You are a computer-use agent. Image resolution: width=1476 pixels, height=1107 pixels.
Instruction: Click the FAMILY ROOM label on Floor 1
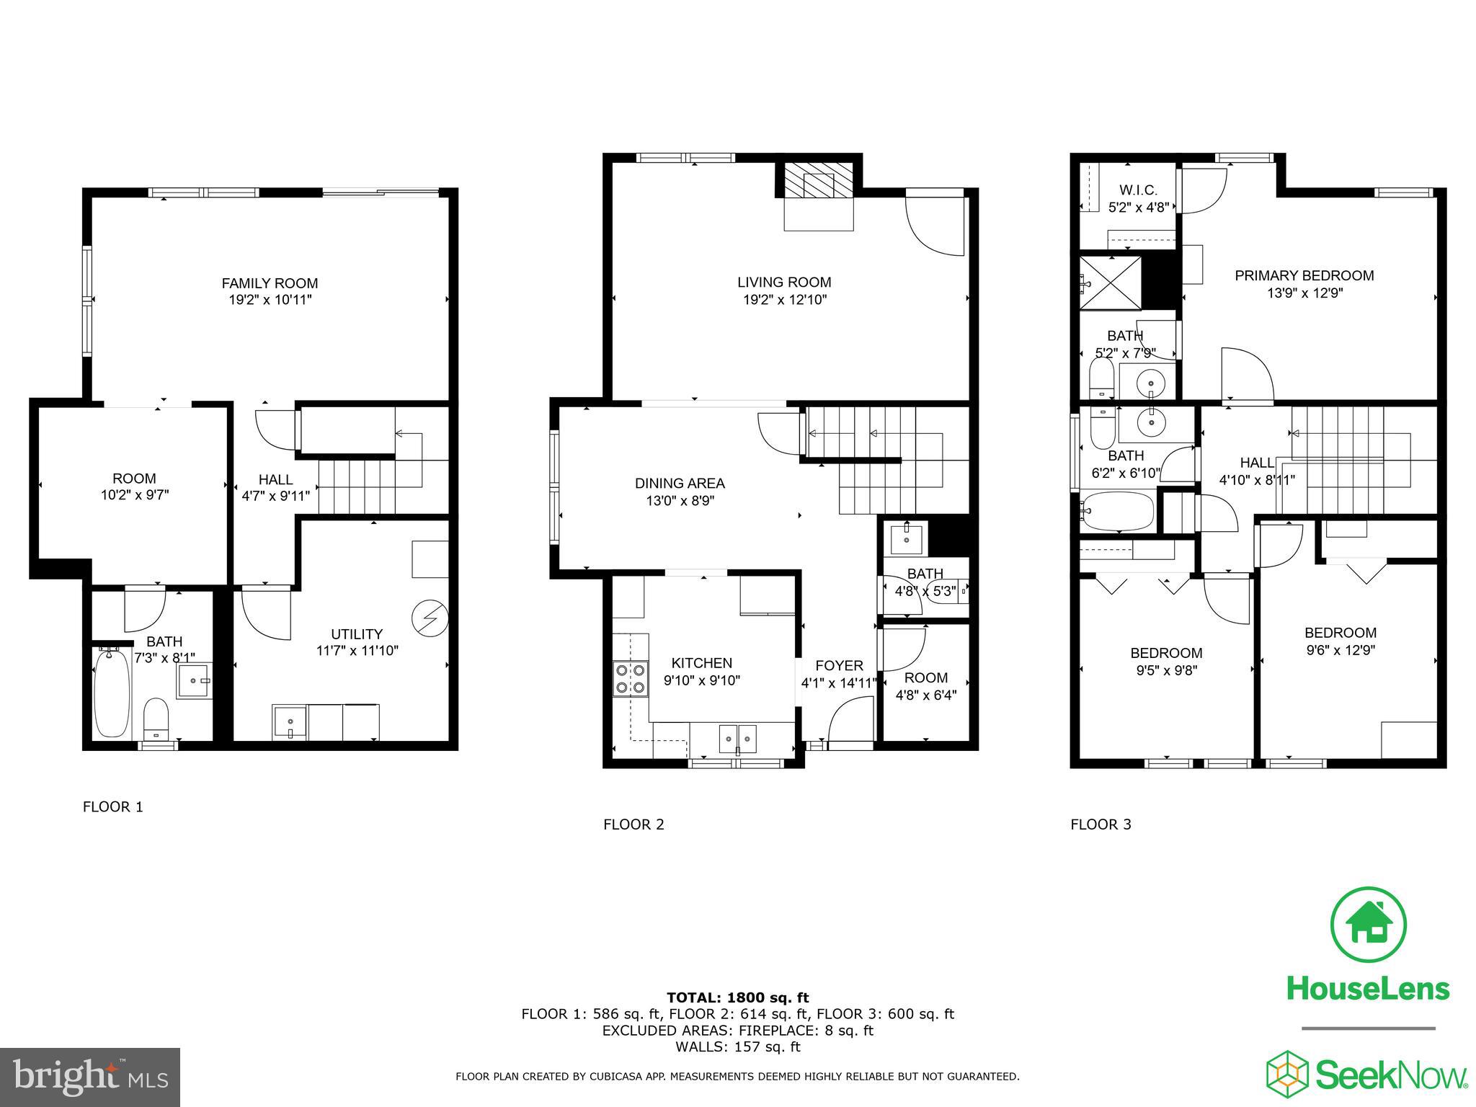(x=270, y=283)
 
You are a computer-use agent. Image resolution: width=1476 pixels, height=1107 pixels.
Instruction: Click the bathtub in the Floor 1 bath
(x=112, y=692)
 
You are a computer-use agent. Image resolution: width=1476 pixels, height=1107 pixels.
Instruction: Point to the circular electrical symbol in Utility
(x=430, y=618)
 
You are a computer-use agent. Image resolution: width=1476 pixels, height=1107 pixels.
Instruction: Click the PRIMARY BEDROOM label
(x=1304, y=275)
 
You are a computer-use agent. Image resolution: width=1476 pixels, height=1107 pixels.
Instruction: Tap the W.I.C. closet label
(x=1138, y=190)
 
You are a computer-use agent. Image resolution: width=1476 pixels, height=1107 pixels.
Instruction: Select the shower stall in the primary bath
(x=1110, y=283)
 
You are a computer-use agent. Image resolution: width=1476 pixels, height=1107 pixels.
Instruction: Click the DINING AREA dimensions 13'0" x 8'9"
(x=680, y=501)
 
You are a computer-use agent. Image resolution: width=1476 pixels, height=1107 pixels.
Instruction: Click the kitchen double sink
(x=738, y=738)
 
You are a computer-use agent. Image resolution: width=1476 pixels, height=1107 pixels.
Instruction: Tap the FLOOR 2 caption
(x=633, y=824)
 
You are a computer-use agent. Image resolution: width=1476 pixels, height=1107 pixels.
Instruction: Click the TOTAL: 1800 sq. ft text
(x=737, y=997)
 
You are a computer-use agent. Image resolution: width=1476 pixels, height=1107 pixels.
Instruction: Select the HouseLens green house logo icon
(x=1367, y=925)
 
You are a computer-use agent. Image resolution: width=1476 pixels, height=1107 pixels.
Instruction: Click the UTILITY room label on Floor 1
(x=356, y=634)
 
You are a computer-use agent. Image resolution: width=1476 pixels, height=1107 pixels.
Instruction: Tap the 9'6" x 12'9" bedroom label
(x=1341, y=650)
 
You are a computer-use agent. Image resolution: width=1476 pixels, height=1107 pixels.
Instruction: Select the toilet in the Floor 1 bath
(x=156, y=717)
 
